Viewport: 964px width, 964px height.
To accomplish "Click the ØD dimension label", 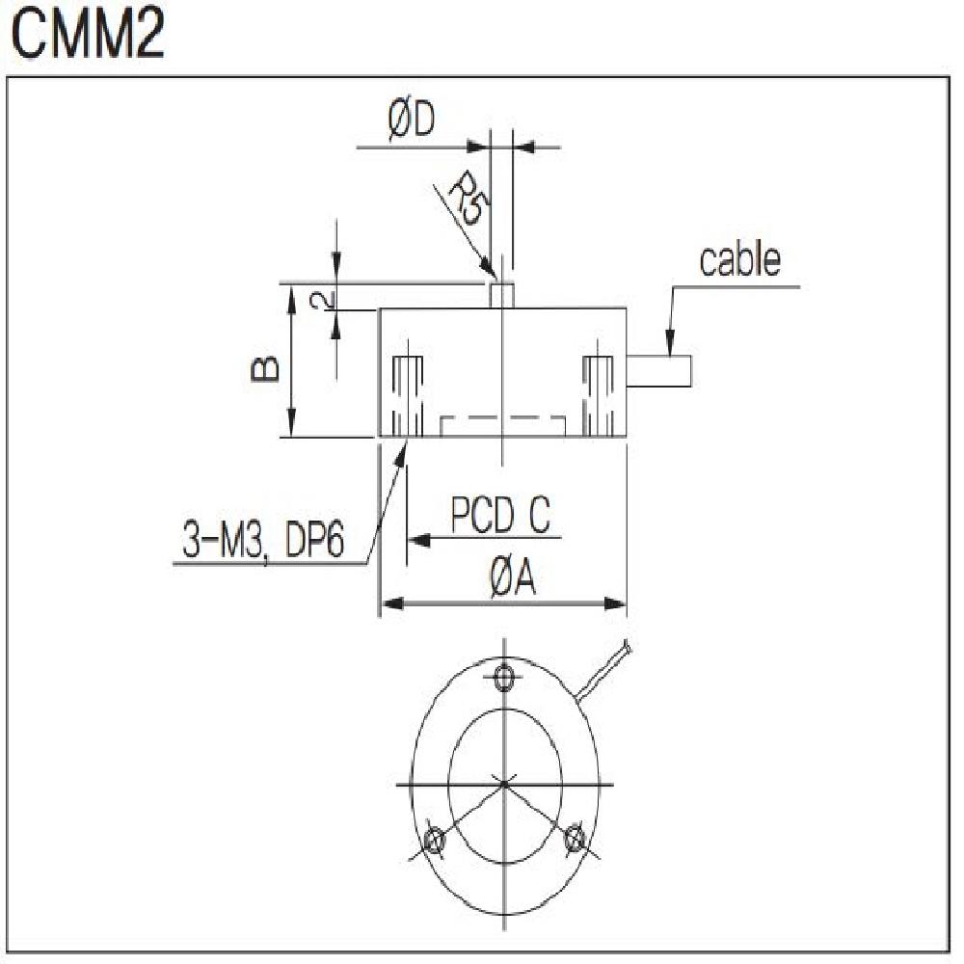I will pyautogui.click(x=412, y=123).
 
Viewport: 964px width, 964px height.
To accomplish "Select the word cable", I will pyautogui.click(x=739, y=260).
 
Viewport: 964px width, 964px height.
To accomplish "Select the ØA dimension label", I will pyautogui.click(x=511, y=580).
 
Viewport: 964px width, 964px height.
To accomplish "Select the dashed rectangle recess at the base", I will pyautogui.click(x=502, y=426).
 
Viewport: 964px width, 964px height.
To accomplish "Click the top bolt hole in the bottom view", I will pyautogui.click(x=503, y=678).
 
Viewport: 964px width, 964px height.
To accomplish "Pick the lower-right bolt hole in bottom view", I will pyautogui.click(x=575, y=838).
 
